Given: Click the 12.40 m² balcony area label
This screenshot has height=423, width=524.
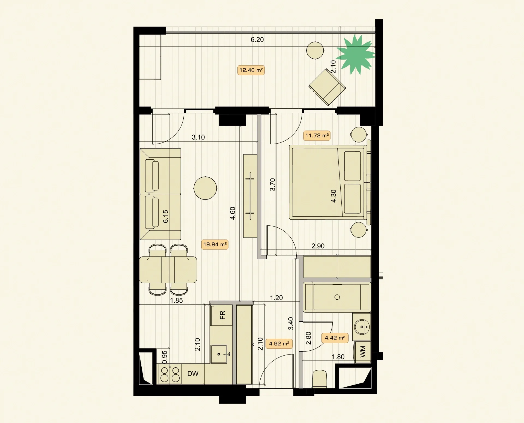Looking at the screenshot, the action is tap(251, 70).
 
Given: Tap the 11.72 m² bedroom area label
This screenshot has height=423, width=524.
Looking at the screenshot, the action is tap(317, 135).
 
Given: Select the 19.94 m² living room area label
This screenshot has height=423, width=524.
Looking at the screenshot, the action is tap(215, 244).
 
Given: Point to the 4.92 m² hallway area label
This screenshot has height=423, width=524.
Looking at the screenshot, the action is tap(279, 343).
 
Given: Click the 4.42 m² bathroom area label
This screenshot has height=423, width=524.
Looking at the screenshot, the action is tap(335, 338).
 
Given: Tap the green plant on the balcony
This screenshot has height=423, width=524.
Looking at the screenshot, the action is tap(356, 55).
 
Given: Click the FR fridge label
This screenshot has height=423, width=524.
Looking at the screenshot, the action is tap(222, 315).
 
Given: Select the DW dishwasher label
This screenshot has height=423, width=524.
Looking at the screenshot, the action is tap(193, 374).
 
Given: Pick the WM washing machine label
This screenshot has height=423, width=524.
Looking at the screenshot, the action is tap(362, 351).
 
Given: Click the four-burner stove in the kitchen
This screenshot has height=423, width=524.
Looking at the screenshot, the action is tap(170, 374).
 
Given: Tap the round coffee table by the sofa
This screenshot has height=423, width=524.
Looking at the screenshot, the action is tap(205, 188).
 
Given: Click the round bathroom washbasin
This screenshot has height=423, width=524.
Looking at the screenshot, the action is tap(362, 327).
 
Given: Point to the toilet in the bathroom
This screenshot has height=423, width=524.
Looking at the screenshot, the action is tap(319, 379).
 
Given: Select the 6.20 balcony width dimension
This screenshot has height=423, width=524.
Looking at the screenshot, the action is tap(257, 40).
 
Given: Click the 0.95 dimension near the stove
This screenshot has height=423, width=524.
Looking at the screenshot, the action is tap(164, 357).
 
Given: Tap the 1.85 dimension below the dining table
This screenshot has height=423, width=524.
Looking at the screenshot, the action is tap(176, 300).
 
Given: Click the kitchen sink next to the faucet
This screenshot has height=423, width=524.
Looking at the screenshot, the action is tap(219, 354).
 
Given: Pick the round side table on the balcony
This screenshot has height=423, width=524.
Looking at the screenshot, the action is tap(315, 50).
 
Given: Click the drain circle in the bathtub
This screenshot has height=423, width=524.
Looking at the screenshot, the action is tap(337, 297).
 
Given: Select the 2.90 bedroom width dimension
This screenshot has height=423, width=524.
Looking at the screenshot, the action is tap(318, 246).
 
